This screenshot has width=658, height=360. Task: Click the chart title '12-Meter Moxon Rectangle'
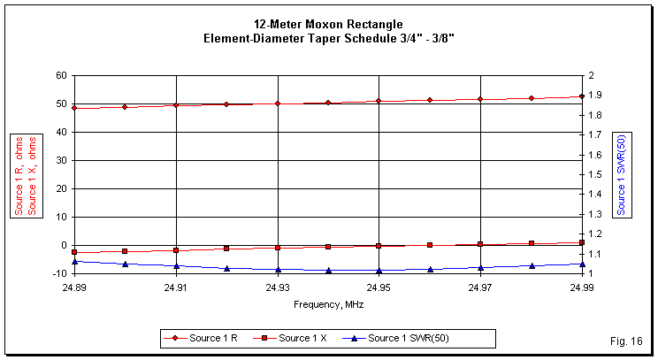pos(328,23)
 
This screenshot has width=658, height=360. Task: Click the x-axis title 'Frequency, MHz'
pos(328,303)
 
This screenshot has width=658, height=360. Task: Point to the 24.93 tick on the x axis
pos(278,287)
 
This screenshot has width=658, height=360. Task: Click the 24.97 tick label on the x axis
pos(480,287)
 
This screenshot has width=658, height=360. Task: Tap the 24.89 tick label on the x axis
pos(74,287)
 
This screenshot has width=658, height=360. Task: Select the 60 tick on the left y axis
pos(61,76)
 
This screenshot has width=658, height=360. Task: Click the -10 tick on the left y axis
pos(59,273)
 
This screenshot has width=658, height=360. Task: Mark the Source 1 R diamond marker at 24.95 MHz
pos(379,101)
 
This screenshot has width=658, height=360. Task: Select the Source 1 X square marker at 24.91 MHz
pos(176,250)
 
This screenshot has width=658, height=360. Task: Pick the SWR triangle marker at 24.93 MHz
pos(278,270)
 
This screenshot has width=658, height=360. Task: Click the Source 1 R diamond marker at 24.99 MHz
pos(581,96)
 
